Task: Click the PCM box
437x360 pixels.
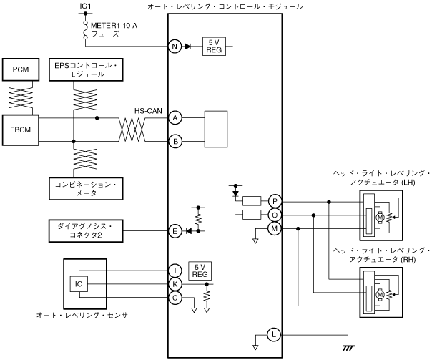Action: coord(21,69)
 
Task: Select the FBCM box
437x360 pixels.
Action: coord(21,130)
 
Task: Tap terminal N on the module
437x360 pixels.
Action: coord(175,47)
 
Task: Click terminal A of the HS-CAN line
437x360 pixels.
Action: coord(175,118)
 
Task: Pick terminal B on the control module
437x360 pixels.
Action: coord(175,142)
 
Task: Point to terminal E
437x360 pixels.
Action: coord(175,231)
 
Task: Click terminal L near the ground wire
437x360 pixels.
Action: coord(274,334)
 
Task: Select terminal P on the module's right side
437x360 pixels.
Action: coord(275,201)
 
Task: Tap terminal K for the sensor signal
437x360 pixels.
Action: coord(175,284)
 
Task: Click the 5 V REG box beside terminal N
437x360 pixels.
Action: coord(214,47)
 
